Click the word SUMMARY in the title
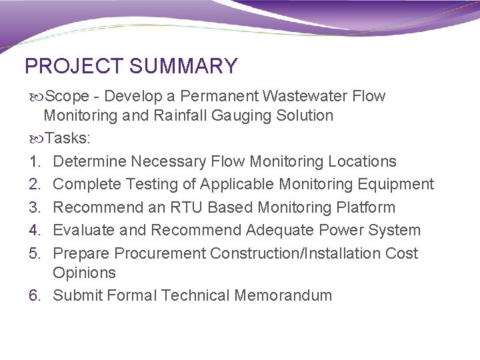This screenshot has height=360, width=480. click(184, 67)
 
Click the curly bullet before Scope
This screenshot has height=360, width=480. click(35, 96)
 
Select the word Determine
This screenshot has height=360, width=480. click(89, 161)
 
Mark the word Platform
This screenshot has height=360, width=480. click(365, 207)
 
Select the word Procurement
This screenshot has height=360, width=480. click(160, 253)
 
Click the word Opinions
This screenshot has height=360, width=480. click(84, 273)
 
